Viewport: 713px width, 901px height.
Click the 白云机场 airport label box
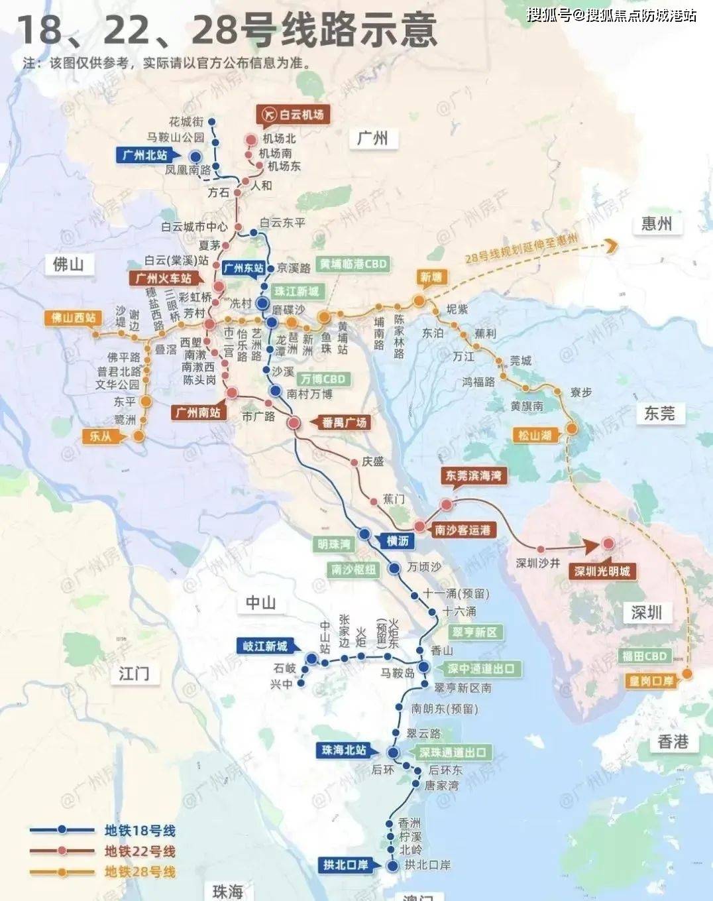[293, 115]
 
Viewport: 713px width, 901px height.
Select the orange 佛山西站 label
[73, 318]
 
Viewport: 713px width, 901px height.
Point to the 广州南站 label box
[197, 412]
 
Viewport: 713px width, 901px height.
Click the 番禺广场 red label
[344, 422]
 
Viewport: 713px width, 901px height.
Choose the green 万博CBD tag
[323, 379]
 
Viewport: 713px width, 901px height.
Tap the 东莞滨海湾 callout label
[473, 475]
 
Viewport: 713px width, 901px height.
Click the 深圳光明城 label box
[602, 571]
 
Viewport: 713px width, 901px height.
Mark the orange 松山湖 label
[533, 436]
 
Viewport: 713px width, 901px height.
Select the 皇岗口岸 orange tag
[649, 681]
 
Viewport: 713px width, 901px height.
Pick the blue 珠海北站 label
[343, 750]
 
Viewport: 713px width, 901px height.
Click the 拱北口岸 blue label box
[345, 865]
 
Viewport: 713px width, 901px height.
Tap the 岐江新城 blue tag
[265, 646]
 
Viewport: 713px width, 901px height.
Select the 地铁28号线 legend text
[140, 872]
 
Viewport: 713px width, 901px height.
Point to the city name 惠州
[656, 223]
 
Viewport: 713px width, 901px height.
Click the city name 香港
[673, 741]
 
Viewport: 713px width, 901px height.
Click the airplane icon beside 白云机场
[269, 115]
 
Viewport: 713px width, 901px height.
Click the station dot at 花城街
[213, 122]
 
